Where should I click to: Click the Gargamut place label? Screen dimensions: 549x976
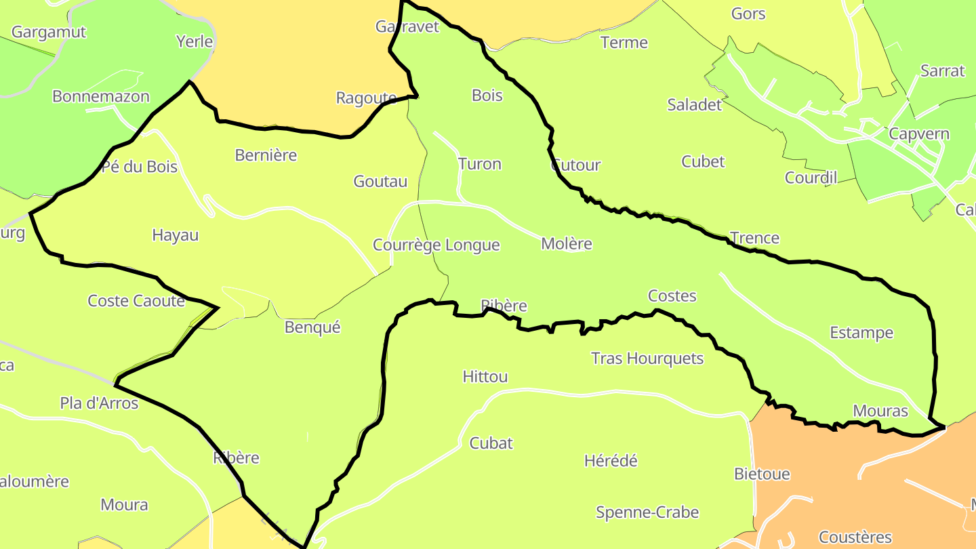[49, 32]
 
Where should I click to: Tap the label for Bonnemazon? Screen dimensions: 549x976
[101, 96]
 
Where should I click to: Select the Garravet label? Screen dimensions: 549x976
[407, 26]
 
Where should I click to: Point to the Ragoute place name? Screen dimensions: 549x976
[366, 98]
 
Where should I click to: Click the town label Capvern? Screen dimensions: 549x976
[919, 134]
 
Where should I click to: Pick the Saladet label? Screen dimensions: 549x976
[695, 104]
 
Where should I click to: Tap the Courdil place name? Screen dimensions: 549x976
[811, 178]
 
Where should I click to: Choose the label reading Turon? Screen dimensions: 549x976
[479, 164]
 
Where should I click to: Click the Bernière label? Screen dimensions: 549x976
[266, 155]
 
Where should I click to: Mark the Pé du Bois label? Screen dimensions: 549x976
[139, 167]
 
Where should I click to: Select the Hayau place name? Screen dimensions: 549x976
[176, 235]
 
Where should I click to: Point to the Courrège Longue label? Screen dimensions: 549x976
[436, 245]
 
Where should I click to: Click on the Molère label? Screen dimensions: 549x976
[567, 244]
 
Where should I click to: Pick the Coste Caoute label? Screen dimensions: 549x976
[136, 301]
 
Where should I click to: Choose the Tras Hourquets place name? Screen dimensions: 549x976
[647, 359]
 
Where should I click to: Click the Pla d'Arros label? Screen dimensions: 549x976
[99, 404]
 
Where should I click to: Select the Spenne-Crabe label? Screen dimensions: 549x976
[647, 512]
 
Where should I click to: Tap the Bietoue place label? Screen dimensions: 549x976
[762, 474]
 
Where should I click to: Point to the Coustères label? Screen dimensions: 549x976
[855, 537]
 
